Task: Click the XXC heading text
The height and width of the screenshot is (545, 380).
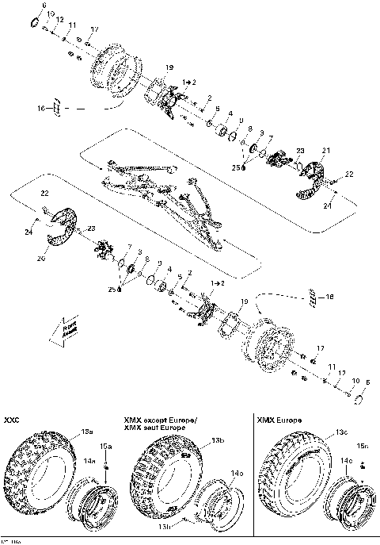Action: click(12, 418)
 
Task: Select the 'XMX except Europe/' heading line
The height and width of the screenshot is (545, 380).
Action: click(161, 418)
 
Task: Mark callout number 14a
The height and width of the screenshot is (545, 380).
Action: click(90, 460)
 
